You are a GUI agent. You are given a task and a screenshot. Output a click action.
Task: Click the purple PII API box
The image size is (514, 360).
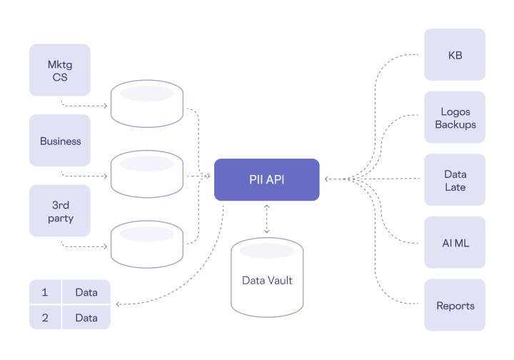[x=266, y=179]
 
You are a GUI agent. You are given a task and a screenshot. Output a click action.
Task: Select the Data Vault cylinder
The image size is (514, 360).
[x=267, y=280]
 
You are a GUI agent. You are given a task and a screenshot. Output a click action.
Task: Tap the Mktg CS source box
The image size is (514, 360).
[x=60, y=70]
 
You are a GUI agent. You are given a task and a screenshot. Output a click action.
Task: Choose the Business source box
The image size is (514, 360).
[x=60, y=141]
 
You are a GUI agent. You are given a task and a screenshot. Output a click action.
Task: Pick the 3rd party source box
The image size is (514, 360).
[x=60, y=211]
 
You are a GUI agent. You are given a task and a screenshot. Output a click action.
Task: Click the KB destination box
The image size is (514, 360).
[x=455, y=54]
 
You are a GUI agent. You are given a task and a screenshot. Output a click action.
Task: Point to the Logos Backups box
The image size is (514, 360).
[x=455, y=118]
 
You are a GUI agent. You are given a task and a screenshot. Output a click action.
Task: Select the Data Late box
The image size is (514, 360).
[x=455, y=180]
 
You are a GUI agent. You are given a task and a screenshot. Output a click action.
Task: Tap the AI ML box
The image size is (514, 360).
[x=455, y=243]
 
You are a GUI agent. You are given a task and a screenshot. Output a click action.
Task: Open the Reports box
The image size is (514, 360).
[x=455, y=305]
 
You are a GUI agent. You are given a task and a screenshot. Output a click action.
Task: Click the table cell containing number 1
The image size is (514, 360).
[x=45, y=292]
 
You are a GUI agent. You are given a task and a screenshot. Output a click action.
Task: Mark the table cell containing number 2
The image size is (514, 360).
[x=45, y=317]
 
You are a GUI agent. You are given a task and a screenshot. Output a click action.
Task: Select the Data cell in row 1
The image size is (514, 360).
[x=86, y=292]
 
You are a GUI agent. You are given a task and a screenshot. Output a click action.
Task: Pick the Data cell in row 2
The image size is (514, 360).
[x=86, y=317]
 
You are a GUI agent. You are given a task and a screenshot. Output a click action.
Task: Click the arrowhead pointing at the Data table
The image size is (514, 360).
[x=118, y=305]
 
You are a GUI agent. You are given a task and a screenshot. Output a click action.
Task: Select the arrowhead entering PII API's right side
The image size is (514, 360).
[x=326, y=179]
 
